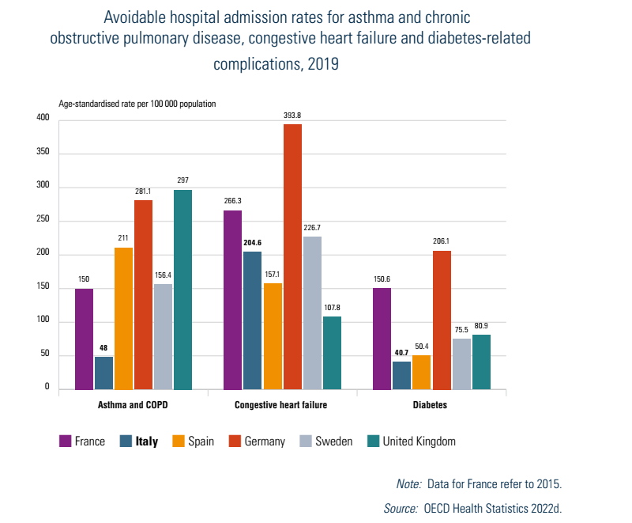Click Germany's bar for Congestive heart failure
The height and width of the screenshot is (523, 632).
point(292,257)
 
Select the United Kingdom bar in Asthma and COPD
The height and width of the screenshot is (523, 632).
point(182,290)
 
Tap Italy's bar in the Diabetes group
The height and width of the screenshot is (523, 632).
point(401,375)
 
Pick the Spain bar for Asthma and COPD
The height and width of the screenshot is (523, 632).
point(123,318)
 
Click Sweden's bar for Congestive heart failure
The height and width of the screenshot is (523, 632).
point(312,313)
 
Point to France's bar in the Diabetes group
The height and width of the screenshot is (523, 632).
point(382,339)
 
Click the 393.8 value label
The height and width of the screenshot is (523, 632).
point(292,116)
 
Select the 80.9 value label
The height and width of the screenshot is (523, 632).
point(481,325)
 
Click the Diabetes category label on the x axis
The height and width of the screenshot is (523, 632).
point(431,405)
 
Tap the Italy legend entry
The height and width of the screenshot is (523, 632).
point(145,442)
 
